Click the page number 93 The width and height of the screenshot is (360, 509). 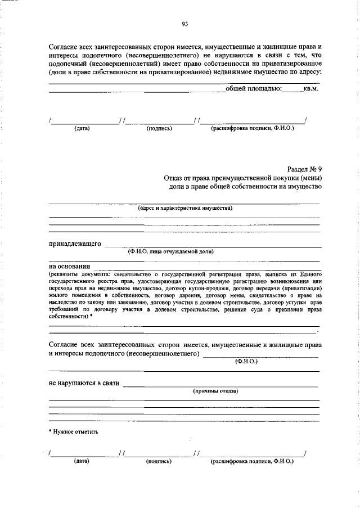pyautogui.click(x=184, y=24)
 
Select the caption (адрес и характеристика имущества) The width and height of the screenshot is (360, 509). pyautogui.click(x=185, y=208)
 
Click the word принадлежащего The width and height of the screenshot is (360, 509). pyautogui.click(x=75, y=244)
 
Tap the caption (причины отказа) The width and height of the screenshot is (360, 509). pyautogui.click(x=215, y=390)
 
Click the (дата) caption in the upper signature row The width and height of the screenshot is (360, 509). pyautogui.click(x=82, y=128)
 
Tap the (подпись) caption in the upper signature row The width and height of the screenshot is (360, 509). pyautogui.click(x=159, y=128)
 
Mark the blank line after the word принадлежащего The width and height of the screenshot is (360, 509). pyautogui.click(x=214, y=246)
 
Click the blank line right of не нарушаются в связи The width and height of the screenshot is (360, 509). pyautogui.click(x=220, y=386)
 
